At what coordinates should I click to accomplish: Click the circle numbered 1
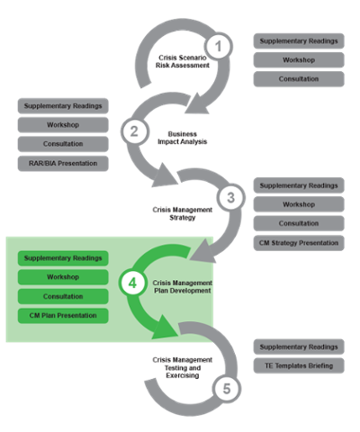coord(218,47)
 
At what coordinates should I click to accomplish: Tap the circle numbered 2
coord(134,131)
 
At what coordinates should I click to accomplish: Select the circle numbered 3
coord(230,197)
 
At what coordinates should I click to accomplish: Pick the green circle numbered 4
coord(132,283)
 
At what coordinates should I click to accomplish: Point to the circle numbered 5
coord(227,389)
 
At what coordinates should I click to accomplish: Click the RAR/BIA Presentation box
coord(63,164)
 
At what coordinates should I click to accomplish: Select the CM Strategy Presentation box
coord(299,243)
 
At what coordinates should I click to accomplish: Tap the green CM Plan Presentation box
coord(63,316)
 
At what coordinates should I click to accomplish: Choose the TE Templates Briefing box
coord(299,365)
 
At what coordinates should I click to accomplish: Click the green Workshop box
coord(63,277)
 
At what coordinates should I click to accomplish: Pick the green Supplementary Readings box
coord(63,258)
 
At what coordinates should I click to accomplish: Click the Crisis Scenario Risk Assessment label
coord(183,61)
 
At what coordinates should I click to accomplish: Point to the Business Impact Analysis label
coord(183,138)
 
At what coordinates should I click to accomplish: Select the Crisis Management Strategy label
coord(183,213)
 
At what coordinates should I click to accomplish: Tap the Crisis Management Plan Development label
coord(183,287)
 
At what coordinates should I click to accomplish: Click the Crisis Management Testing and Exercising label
coord(183,367)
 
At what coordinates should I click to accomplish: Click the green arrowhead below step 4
coord(166,328)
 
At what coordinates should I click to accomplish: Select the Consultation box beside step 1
coord(299,79)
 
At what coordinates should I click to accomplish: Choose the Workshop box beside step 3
coord(299,204)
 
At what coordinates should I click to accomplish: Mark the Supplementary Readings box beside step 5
coord(299,346)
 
